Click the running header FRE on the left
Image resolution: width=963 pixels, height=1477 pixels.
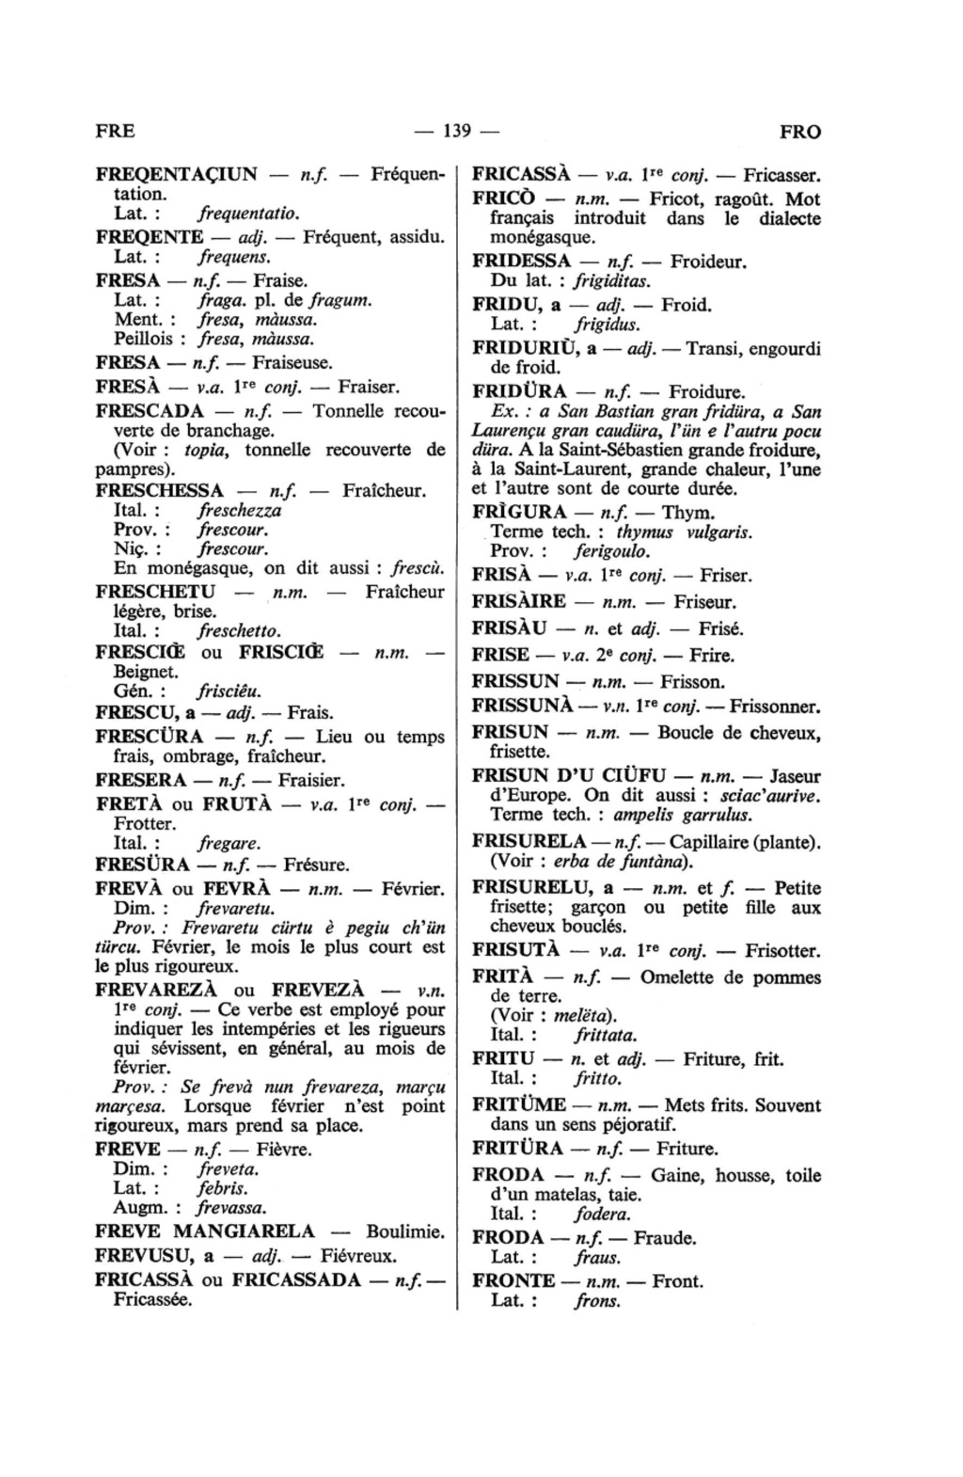coord(116,132)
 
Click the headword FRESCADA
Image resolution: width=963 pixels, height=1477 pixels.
coord(150,411)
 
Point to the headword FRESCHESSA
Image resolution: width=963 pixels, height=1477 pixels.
coord(160,490)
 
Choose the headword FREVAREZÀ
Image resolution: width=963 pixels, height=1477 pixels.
coord(160,990)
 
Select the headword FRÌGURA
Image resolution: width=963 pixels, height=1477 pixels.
coord(519,513)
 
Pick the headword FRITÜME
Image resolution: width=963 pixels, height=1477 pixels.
coord(519,1104)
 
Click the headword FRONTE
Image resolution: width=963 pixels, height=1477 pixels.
coord(513,1280)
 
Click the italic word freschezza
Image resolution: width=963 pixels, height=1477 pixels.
coord(240,511)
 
